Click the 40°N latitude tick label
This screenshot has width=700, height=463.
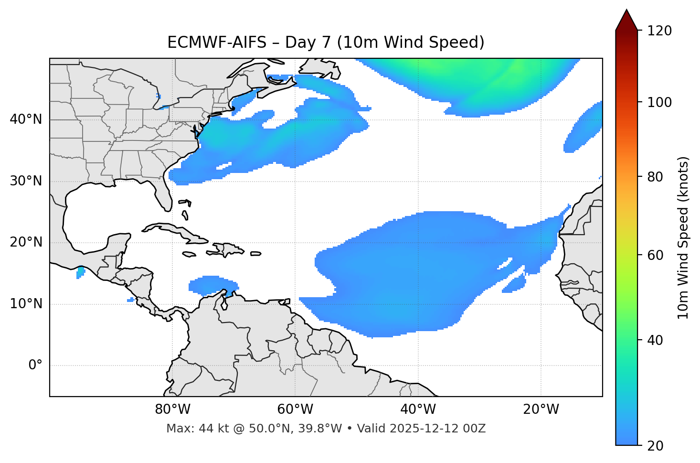pos(26,119)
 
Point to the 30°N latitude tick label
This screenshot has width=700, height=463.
pos(26,181)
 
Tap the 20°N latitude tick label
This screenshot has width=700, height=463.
pos(26,242)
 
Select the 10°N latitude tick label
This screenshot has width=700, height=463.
pos(26,304)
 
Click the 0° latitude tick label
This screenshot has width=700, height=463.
pos(35,366)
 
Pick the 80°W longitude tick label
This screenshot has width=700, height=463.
pos(172,409)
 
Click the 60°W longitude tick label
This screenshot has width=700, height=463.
pos(295,409)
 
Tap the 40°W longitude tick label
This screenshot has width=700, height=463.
pos(418,409)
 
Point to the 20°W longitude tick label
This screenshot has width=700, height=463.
pos(541,409)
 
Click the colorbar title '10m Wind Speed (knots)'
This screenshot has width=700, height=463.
pos(683,237)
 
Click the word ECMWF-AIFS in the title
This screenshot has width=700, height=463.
pos(217,43)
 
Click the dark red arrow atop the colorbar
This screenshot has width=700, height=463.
pos(626,20)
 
